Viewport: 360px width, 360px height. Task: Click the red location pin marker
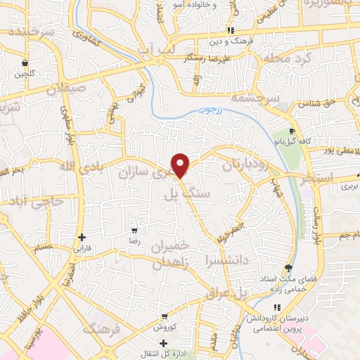click(x=181, y=165)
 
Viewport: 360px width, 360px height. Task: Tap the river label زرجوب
click(x=207, y=110)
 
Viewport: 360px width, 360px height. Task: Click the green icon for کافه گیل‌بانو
click(x=294, y=133)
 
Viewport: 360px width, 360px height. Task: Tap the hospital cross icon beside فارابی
click(x=82, y=237)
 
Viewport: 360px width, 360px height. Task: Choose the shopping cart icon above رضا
click(x=134, y=231)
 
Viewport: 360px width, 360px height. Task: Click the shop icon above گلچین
click(x=25, y=62)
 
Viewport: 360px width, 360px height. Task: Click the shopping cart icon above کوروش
click(x=164, y=316)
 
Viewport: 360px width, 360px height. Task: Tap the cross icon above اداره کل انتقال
click(x=164, y=344)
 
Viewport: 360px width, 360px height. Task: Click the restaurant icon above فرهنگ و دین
click(x=231, y=30)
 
